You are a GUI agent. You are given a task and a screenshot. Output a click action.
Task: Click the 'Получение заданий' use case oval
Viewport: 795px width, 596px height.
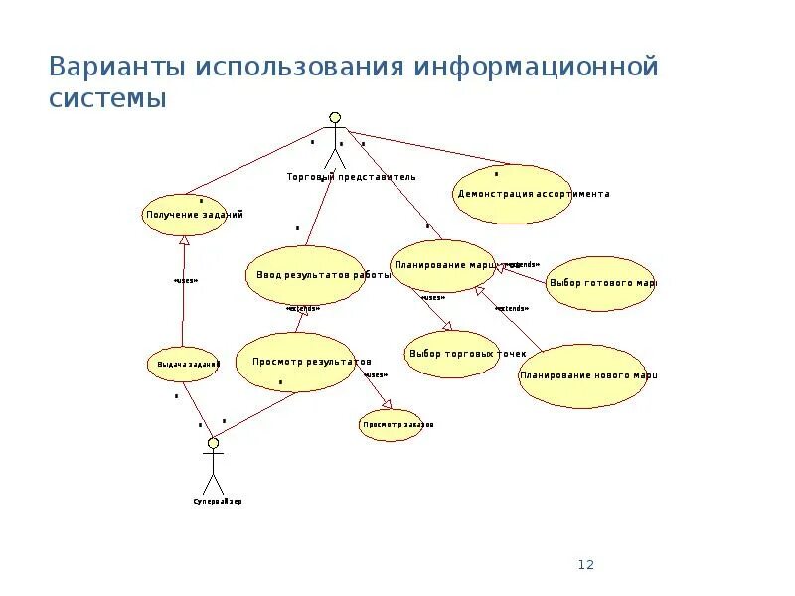click(185, 215)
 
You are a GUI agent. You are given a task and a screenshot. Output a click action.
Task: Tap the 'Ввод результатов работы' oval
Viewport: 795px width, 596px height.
click(305, 276)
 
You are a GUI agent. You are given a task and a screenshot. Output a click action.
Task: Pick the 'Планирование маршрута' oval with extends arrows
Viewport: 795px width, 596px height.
click(442, 265)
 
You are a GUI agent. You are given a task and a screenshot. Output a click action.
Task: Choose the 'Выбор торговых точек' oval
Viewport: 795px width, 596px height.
click(453, 354)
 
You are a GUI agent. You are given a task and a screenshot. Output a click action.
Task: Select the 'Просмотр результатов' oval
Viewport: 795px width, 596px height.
click(295, 362)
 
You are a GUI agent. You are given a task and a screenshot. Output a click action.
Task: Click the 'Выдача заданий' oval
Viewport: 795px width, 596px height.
click(183, 365)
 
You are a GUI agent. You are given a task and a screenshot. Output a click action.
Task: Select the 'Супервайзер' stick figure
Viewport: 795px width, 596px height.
click(212, 467)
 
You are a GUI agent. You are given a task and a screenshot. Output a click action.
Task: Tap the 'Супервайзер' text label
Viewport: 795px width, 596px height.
click(218, 502)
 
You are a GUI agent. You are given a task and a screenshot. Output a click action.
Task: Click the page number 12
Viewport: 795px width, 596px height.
click(585, 565)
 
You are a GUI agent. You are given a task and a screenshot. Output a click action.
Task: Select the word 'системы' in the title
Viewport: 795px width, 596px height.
click(106, 99)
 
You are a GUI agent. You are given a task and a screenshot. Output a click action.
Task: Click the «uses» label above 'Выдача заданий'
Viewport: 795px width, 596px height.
click(185, 281)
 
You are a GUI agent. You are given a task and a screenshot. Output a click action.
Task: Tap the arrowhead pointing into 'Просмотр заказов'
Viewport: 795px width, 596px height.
click(387, 404)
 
